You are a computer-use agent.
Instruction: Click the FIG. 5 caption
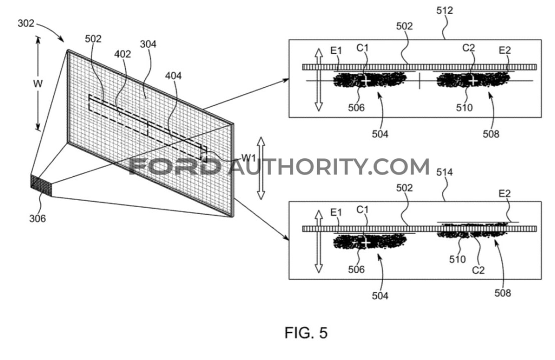pyautogui.click(x=306, y=332)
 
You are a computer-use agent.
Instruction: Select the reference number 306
pyautogui.click(x=38, y=219)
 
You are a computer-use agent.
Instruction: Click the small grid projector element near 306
pyautogui.click(x=41, y=184)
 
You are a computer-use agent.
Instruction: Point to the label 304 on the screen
pyautogui.click(x=148, y=45)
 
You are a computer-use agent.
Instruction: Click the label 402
pyautogui.click(x=122, y=54)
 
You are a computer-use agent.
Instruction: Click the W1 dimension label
pyautogui.click(x=249, y=158)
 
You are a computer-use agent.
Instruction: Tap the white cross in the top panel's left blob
pyautogui.click(x=366, y=81)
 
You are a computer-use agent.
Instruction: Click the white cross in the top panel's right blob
pyautogui.click(x=473, y=80)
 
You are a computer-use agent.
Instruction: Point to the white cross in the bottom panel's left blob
pyautogui.click(x=366, y=242)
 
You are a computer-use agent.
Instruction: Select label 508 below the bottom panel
pyautogui.click(x=503, y=293)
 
